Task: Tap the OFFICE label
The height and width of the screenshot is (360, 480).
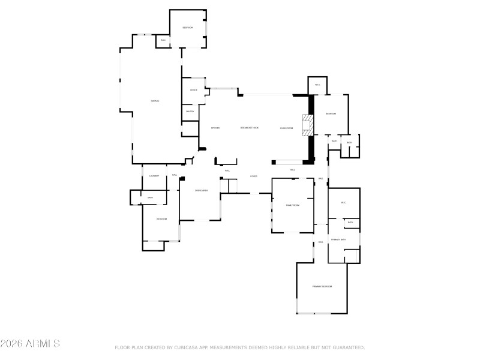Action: (x=194, y=90)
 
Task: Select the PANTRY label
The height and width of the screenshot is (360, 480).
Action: (x=190, y=111)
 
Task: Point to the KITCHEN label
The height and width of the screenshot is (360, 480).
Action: (x=215, y=128)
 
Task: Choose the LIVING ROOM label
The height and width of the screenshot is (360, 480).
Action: (x=286, y=128)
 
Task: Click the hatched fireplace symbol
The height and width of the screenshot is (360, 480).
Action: (x=308, y=125)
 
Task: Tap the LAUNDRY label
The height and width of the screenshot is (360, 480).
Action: (x=154, y=175)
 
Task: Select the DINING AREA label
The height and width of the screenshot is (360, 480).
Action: (x=201, y=191)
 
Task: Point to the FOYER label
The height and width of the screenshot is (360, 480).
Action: (x=254, y=176)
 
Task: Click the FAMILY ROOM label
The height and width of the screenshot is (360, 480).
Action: (x=292, y=205)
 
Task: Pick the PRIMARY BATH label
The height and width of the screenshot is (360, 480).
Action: (x=339, y=239)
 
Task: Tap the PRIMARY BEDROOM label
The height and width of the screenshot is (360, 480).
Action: (x=322, y=287)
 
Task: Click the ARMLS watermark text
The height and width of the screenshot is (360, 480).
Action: (x=30, y=344)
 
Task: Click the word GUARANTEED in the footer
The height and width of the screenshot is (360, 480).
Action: (x=348, y=347)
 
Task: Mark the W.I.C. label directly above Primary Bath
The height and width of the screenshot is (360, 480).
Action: (x=344, y=203)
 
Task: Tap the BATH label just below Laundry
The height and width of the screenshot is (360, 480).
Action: (x=150, y=197)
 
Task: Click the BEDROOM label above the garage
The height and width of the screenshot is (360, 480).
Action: (x=188, y=28)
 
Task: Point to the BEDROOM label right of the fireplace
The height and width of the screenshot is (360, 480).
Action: (x=331, y=114)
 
